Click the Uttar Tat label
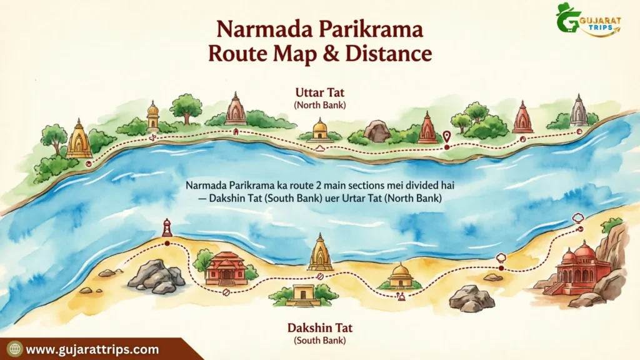click(x=319, y=92)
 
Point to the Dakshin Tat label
click(x=319, y=327)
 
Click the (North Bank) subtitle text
click(x=319, y=105)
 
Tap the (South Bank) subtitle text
click(x=319, y=340)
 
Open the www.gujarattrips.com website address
click(x=92, y=349)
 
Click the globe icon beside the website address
click(x=14, y=349)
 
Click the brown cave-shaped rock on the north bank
click(x=377, y=131)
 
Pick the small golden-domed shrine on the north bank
click(x=320, y=129)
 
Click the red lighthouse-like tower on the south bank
click(x=167, y=228)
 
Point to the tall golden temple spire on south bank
click(x=320, y=252)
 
